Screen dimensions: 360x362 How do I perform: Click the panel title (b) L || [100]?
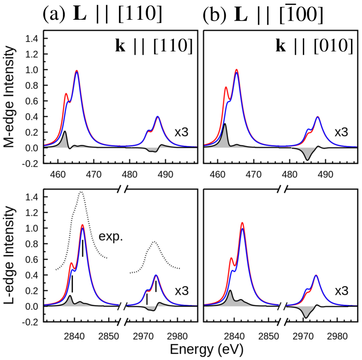point(263,15)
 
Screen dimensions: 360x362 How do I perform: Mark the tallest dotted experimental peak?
point(81,193)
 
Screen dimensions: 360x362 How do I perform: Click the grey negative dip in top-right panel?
point(307,155)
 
